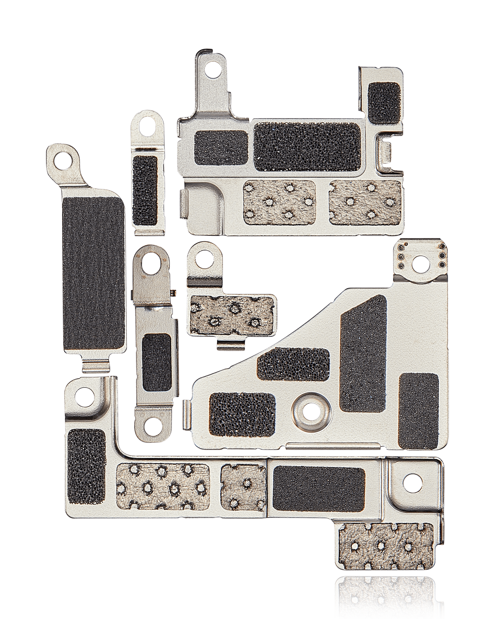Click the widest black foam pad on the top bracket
coord(308,146)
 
